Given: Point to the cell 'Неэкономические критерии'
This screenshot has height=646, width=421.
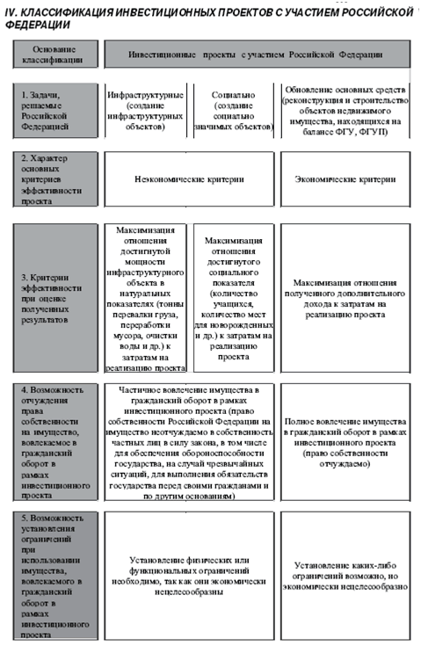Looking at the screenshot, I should pos(189,179).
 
